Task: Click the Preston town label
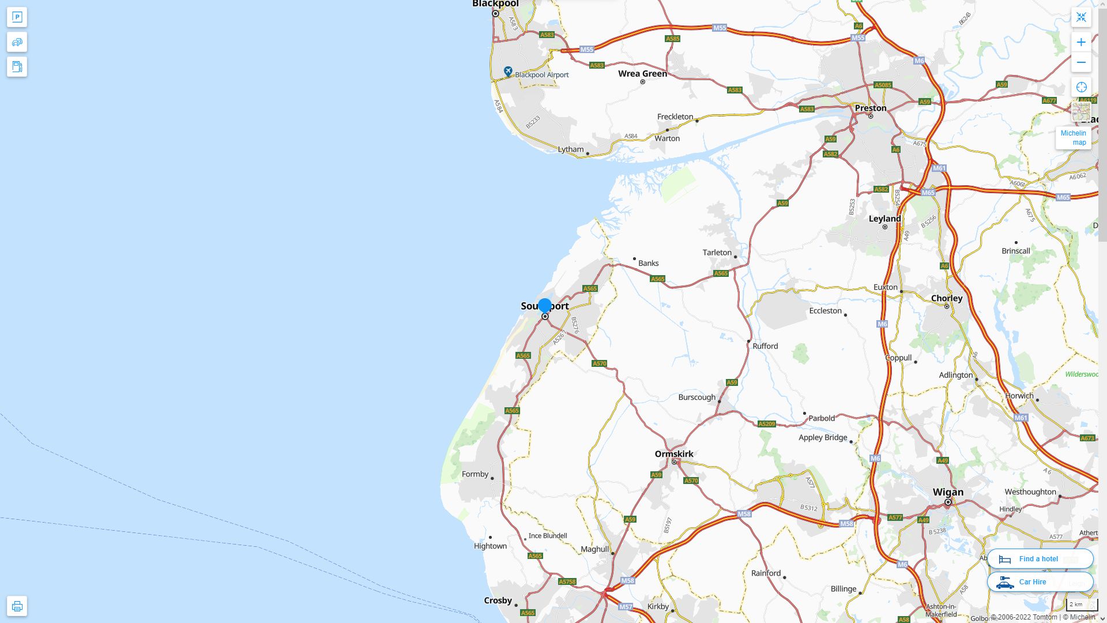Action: (x=871, y=108)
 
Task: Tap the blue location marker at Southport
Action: (x=545, y=305)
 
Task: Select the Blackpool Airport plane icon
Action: (x=508, y=71)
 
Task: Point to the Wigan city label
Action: (x=948, y=492)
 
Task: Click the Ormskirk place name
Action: (x=674, y=453)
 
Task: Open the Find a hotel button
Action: (x=1040, y=558)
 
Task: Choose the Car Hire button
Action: (x=1040, y=581)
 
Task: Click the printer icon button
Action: (x=17, y=606)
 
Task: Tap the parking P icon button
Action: (x=17, y=17)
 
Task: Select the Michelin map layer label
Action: (x=1073, y=138)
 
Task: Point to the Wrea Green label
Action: (x=642, y=73)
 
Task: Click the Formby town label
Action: (x=475, y=474)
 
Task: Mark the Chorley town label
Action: (x=947, y=298)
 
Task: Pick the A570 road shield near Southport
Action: (x=599, y=363)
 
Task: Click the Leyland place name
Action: (x=884, y=219)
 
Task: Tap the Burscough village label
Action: (x=696, y=397)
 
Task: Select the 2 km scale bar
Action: (x=1081, y=605)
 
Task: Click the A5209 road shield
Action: (x=766, y=423)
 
